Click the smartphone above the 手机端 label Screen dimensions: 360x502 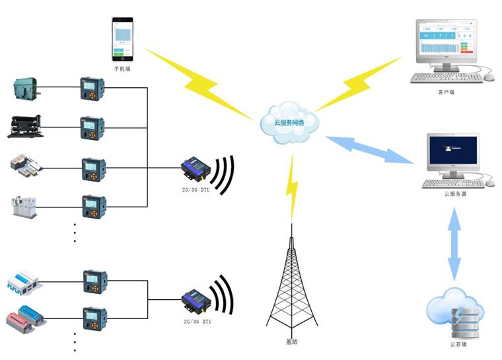(x=122, y=39)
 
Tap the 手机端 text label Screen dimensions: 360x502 (x=122, y=68)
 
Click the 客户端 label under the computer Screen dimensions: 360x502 (x=447, y=92)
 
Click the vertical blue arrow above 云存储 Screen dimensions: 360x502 (x=454, y=244)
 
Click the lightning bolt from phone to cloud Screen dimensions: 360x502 (x=198, y=83)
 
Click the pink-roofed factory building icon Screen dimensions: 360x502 (x=26, y=319)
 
